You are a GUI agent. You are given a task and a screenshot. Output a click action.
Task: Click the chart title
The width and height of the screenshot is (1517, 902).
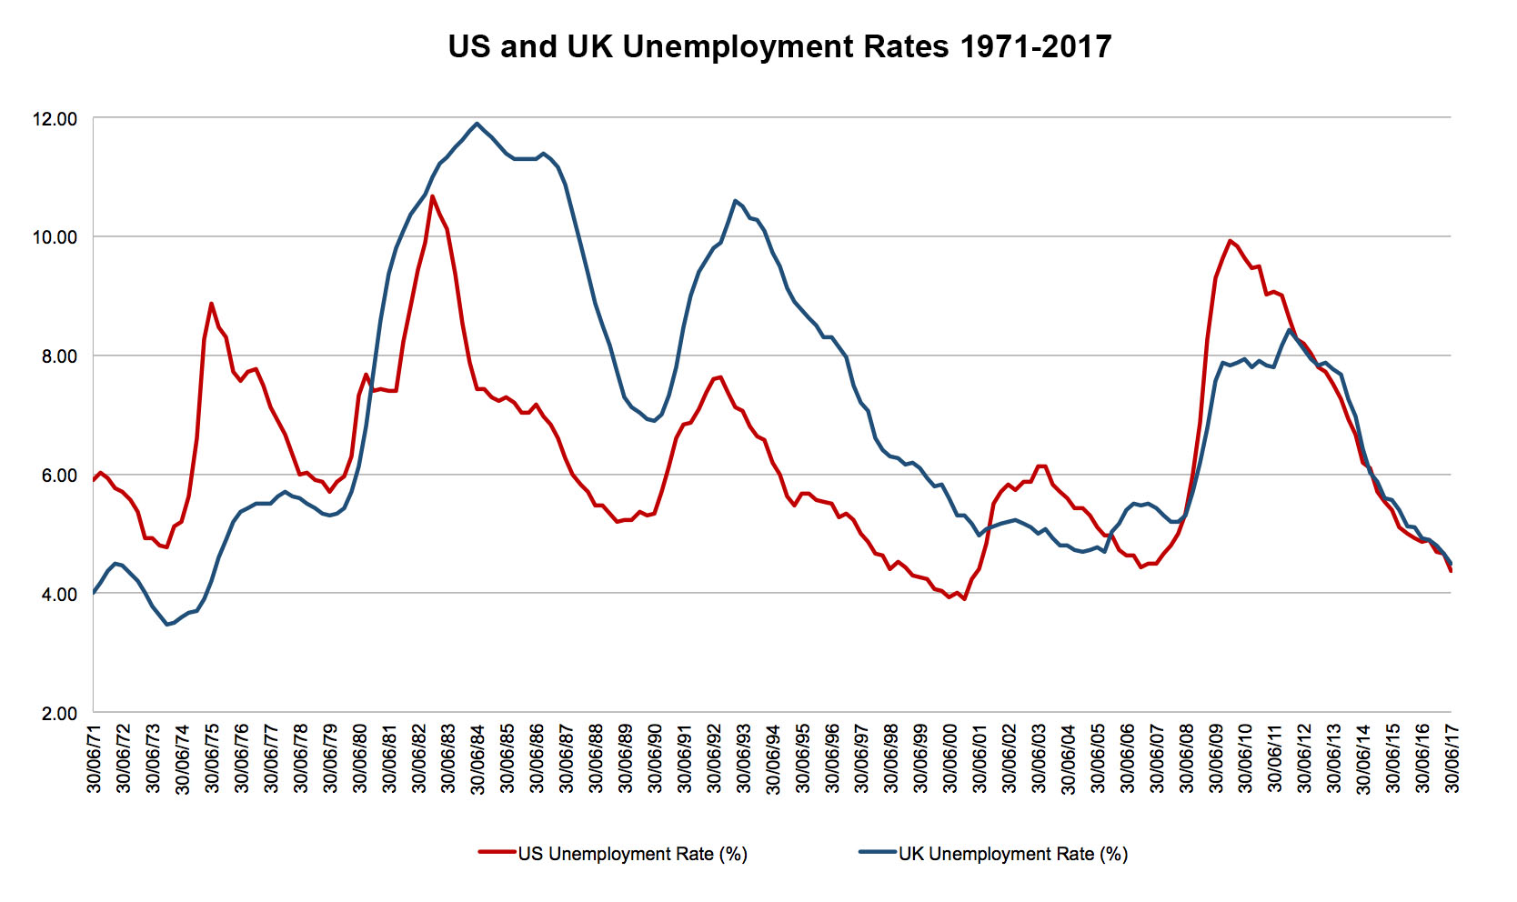[779, 46]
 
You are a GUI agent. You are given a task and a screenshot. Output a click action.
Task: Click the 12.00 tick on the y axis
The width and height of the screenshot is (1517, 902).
[55, 119]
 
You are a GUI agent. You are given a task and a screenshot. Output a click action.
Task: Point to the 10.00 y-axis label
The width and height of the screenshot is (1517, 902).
[55, 237]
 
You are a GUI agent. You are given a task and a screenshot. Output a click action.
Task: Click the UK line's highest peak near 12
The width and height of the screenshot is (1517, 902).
[477, 124]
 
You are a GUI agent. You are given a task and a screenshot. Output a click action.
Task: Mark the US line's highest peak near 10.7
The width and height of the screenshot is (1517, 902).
[432, 195]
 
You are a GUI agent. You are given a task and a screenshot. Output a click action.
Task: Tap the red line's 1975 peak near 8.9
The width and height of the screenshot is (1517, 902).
[211, 304]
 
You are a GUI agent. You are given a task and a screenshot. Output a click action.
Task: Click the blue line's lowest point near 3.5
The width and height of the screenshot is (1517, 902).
[167, 625]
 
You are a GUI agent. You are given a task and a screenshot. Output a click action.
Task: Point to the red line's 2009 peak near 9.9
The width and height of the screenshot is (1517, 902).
[1230, 241]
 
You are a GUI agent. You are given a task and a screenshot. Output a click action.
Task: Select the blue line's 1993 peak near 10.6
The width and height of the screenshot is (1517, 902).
[735, 201]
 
